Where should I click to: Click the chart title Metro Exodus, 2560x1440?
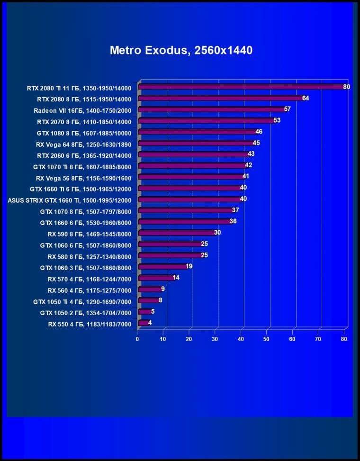point(181,50)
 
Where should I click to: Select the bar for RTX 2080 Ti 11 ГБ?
point(242,87)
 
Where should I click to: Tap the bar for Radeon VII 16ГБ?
point(211,109)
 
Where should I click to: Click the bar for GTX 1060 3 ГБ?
point(162,267)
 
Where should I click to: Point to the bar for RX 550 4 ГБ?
point(143,323)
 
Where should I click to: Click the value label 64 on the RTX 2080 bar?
point(306,98)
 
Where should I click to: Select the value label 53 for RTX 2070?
point(277,120)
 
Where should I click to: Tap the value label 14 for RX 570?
point(176,278)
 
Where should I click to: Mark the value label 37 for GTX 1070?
point(235,210)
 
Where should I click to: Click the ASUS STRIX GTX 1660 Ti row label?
point(70,199)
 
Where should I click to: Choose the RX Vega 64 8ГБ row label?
point(83,144)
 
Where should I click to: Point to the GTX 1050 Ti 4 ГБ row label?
point(82,301)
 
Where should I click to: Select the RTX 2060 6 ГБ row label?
point(84,155)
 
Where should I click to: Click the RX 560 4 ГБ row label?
point(89,289)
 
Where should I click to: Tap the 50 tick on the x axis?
point(267,339)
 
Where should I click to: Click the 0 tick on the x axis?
point(137,339)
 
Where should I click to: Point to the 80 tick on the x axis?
point(344,339)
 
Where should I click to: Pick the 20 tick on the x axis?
point(189,339)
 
